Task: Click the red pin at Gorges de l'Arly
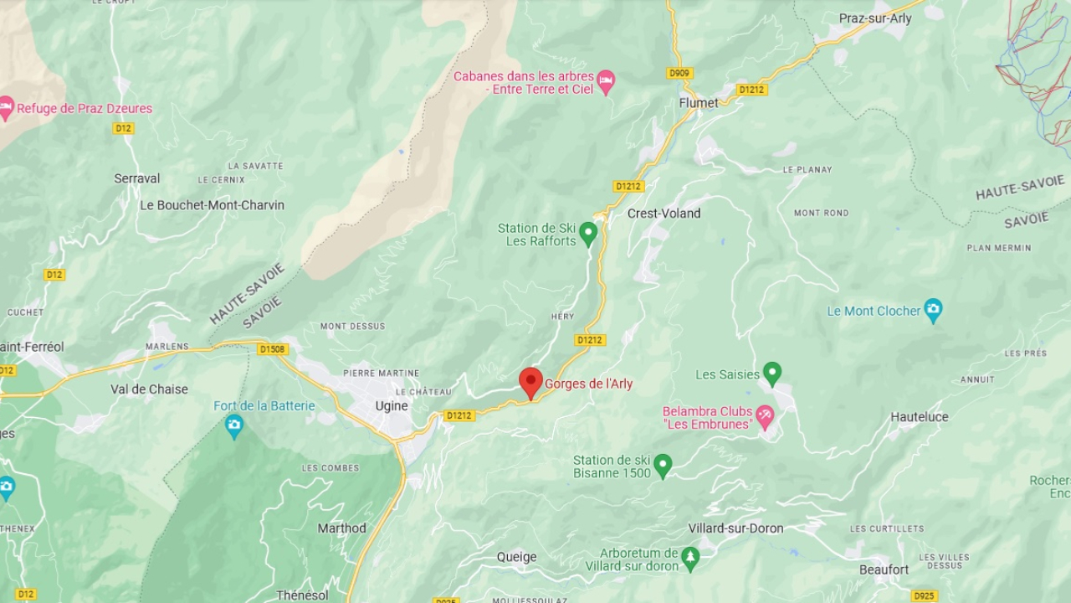(x=530, y=382)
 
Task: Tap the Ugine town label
(x=392, y=406)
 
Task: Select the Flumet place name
(x=698, y=103)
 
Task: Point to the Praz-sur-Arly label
(x=875, y=18)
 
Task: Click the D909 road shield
(x=679, y=74)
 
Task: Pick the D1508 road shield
(x=273, y=349)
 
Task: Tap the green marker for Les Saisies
(x=772, y=374)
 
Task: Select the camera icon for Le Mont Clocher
(x=933, y=310)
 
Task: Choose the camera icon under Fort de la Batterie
(x=233, y=426)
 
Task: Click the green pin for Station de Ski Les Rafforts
(x=588, y=233)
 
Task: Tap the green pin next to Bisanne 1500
(x=663, y=466)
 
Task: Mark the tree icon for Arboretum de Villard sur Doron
(x=689, y=559)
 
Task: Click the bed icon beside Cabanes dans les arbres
(x=606, y=82)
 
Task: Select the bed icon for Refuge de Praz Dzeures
(x=6, y=108)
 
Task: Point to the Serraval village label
(x=137, y=178)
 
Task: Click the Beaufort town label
(x=884, y=569)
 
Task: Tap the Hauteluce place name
(x=920, y=416)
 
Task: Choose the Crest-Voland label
(x=664, y=214)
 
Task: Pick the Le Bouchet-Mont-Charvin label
(x=212, y=205)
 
